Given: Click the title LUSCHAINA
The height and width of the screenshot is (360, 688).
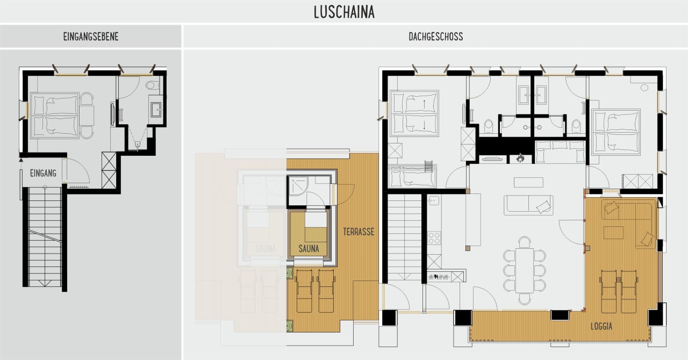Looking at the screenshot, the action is coord(344,12).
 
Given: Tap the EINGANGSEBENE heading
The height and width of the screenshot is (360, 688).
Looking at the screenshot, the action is coord(91,37).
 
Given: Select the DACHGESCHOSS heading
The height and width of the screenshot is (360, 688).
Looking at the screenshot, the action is coord(435,37).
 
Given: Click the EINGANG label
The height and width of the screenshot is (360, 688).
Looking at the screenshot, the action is coord(43,173).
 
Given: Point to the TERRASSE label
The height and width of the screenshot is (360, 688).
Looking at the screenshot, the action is coord(359,232).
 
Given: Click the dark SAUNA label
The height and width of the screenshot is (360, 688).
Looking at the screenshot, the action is coord(309,248).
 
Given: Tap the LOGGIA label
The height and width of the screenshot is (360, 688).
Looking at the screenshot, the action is coord(601,326).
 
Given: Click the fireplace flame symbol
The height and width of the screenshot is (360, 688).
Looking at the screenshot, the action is coord(520,158).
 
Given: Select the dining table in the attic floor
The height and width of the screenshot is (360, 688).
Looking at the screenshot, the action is coord(524,270).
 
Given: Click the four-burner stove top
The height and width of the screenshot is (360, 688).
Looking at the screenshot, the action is coord(434,238).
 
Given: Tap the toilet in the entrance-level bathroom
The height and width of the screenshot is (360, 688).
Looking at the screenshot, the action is coord(152,85).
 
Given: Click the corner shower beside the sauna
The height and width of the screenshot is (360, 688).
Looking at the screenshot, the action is coord(298,186).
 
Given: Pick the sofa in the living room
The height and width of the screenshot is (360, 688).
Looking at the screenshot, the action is coord(528,205).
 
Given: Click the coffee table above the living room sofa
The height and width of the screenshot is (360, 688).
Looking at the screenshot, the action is coord(528,183).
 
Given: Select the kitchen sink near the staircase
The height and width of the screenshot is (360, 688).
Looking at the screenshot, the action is coord(434,201).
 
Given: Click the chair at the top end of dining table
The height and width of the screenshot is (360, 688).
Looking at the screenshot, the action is coord(524,242).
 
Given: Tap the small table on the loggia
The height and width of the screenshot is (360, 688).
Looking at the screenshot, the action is coord(613,233).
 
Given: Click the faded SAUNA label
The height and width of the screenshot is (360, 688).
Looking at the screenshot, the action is coord(266,248).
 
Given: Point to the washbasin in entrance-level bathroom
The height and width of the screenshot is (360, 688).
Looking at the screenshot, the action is coord(156,110).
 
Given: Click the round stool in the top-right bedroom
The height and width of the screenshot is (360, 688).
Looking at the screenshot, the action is coord(644,88).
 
